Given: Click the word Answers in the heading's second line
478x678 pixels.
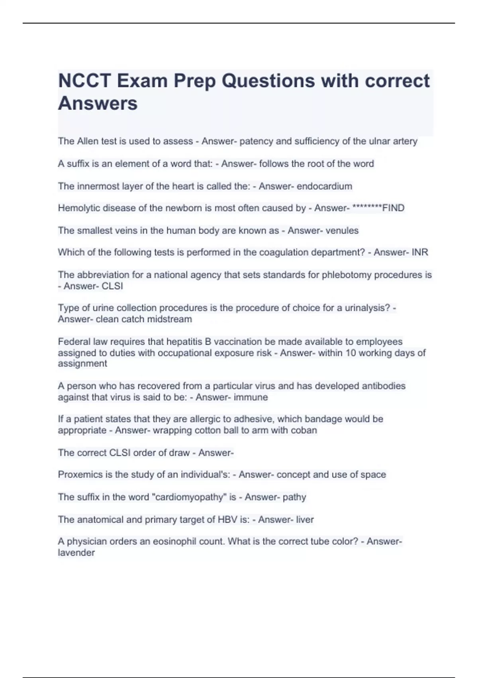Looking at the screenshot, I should click(x=98, y=103).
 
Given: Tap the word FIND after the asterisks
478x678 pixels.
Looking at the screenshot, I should click(x=393, y=208).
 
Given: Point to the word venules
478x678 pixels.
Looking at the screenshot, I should click(x=342, y=231).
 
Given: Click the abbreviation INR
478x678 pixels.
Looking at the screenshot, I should click(x=420, y=252).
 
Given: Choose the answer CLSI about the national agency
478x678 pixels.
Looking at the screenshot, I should click(x=112, y=286).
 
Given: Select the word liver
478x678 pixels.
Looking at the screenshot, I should click(x=305, y=520).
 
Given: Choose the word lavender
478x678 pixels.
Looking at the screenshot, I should click(x=76, y=553).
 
